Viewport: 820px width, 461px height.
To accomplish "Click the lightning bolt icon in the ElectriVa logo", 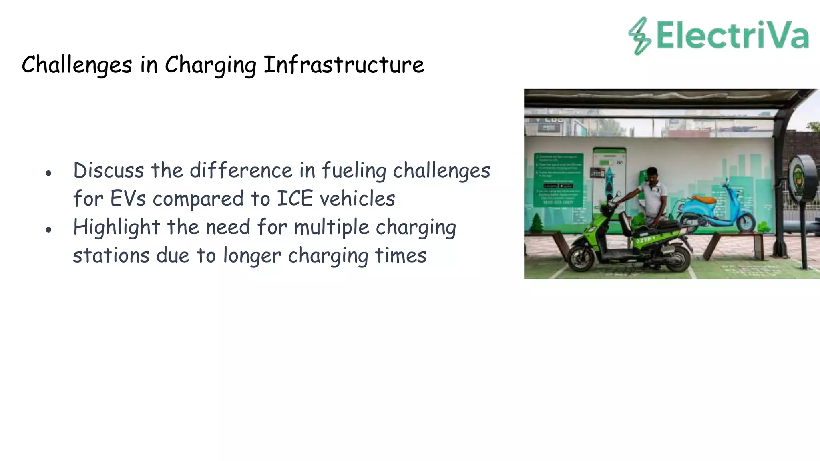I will tap(639, 36).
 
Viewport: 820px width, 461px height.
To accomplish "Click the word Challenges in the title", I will tap(76, 65).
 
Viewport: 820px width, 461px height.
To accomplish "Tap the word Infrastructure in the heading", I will tap(344, 65).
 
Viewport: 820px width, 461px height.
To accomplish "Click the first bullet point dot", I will tap(48, 173).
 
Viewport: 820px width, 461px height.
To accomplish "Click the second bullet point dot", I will tap(48, 230).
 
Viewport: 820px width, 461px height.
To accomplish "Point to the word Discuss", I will tap(109, 170).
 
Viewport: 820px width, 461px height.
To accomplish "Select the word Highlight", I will tap(117, 227).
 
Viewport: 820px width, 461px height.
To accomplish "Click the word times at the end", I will tap(400, 255).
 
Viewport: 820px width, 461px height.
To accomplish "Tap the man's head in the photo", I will tap(653, 174).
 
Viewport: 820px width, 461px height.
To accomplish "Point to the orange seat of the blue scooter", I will tap(704, 199).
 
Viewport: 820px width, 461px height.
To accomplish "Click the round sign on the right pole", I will tap(802, 177).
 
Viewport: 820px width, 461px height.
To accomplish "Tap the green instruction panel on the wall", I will tap(558, 180).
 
